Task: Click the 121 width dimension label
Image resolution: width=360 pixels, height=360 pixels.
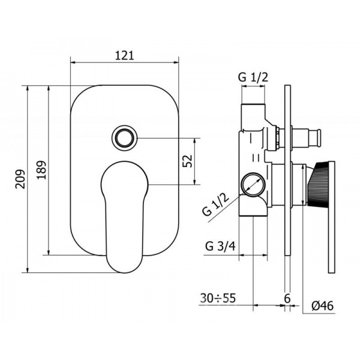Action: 124,56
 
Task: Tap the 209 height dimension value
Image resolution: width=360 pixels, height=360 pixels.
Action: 20,179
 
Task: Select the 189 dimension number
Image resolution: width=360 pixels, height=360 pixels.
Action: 41,170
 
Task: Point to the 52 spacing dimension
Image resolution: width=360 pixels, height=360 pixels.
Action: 187,161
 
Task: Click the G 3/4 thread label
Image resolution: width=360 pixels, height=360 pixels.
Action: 220,247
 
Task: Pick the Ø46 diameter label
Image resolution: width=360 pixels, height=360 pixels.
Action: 322,305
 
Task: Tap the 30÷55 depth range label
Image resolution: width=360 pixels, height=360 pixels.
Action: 218,298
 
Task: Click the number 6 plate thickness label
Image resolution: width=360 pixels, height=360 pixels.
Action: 287,298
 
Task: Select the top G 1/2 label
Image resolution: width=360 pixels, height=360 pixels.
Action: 253,77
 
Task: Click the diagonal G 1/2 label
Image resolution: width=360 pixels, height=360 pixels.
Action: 216,204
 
